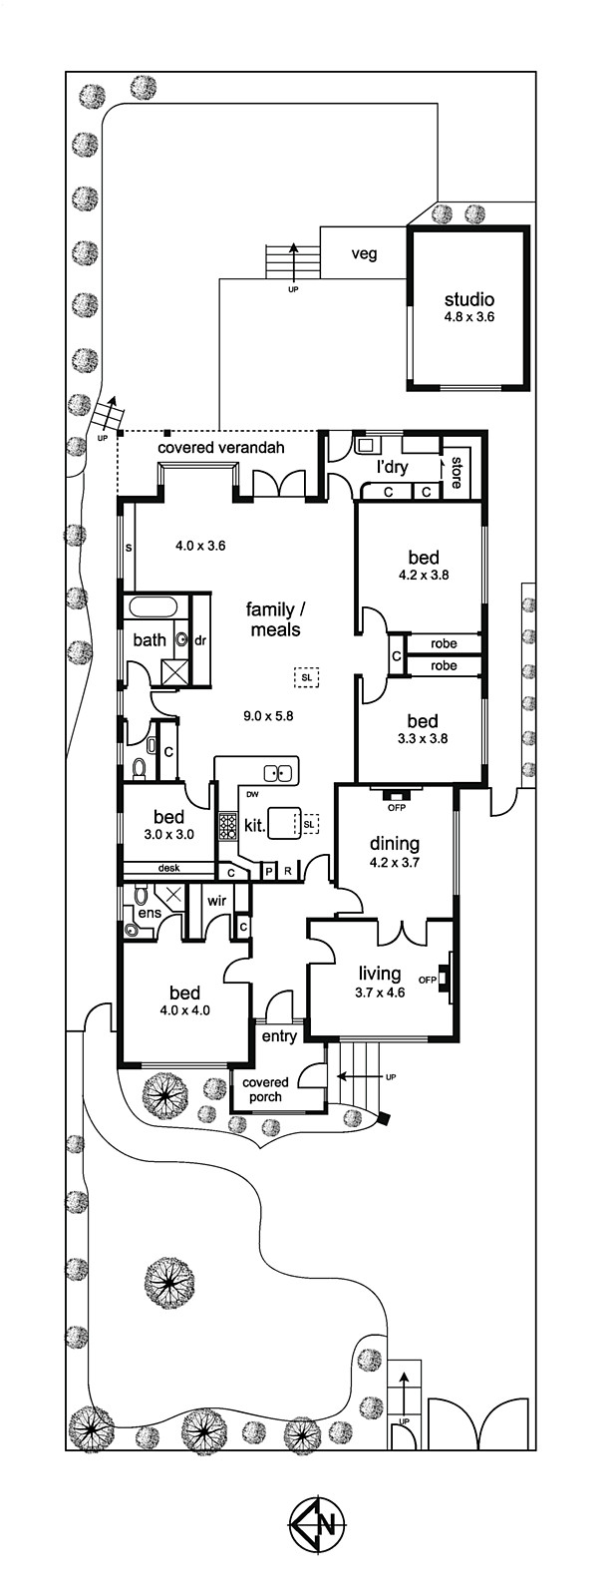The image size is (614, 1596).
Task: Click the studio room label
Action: point(468,300)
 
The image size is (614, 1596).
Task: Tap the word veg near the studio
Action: point(364,253)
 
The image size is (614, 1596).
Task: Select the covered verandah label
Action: point(221,448)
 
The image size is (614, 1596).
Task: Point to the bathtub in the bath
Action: point(153,608)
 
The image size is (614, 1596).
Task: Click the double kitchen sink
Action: point(278,772)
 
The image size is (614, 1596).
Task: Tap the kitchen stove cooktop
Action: point(227,826)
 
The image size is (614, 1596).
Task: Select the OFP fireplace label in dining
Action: point(396,808)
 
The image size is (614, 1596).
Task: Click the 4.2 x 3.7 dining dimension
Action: point(394,861)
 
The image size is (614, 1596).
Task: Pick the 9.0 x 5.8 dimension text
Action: point(268,716)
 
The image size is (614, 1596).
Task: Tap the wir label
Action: point(216,901)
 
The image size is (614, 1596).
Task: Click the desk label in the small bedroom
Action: point(169,868)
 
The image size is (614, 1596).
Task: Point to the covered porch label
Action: point(265,1089)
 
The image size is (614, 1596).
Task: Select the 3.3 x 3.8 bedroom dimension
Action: point(423,739)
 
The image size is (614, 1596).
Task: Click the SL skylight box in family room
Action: point(306,677)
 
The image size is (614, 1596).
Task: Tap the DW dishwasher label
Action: point(252,794)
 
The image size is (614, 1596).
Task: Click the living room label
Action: point(379,973)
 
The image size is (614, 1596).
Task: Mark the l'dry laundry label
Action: point(392,468)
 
